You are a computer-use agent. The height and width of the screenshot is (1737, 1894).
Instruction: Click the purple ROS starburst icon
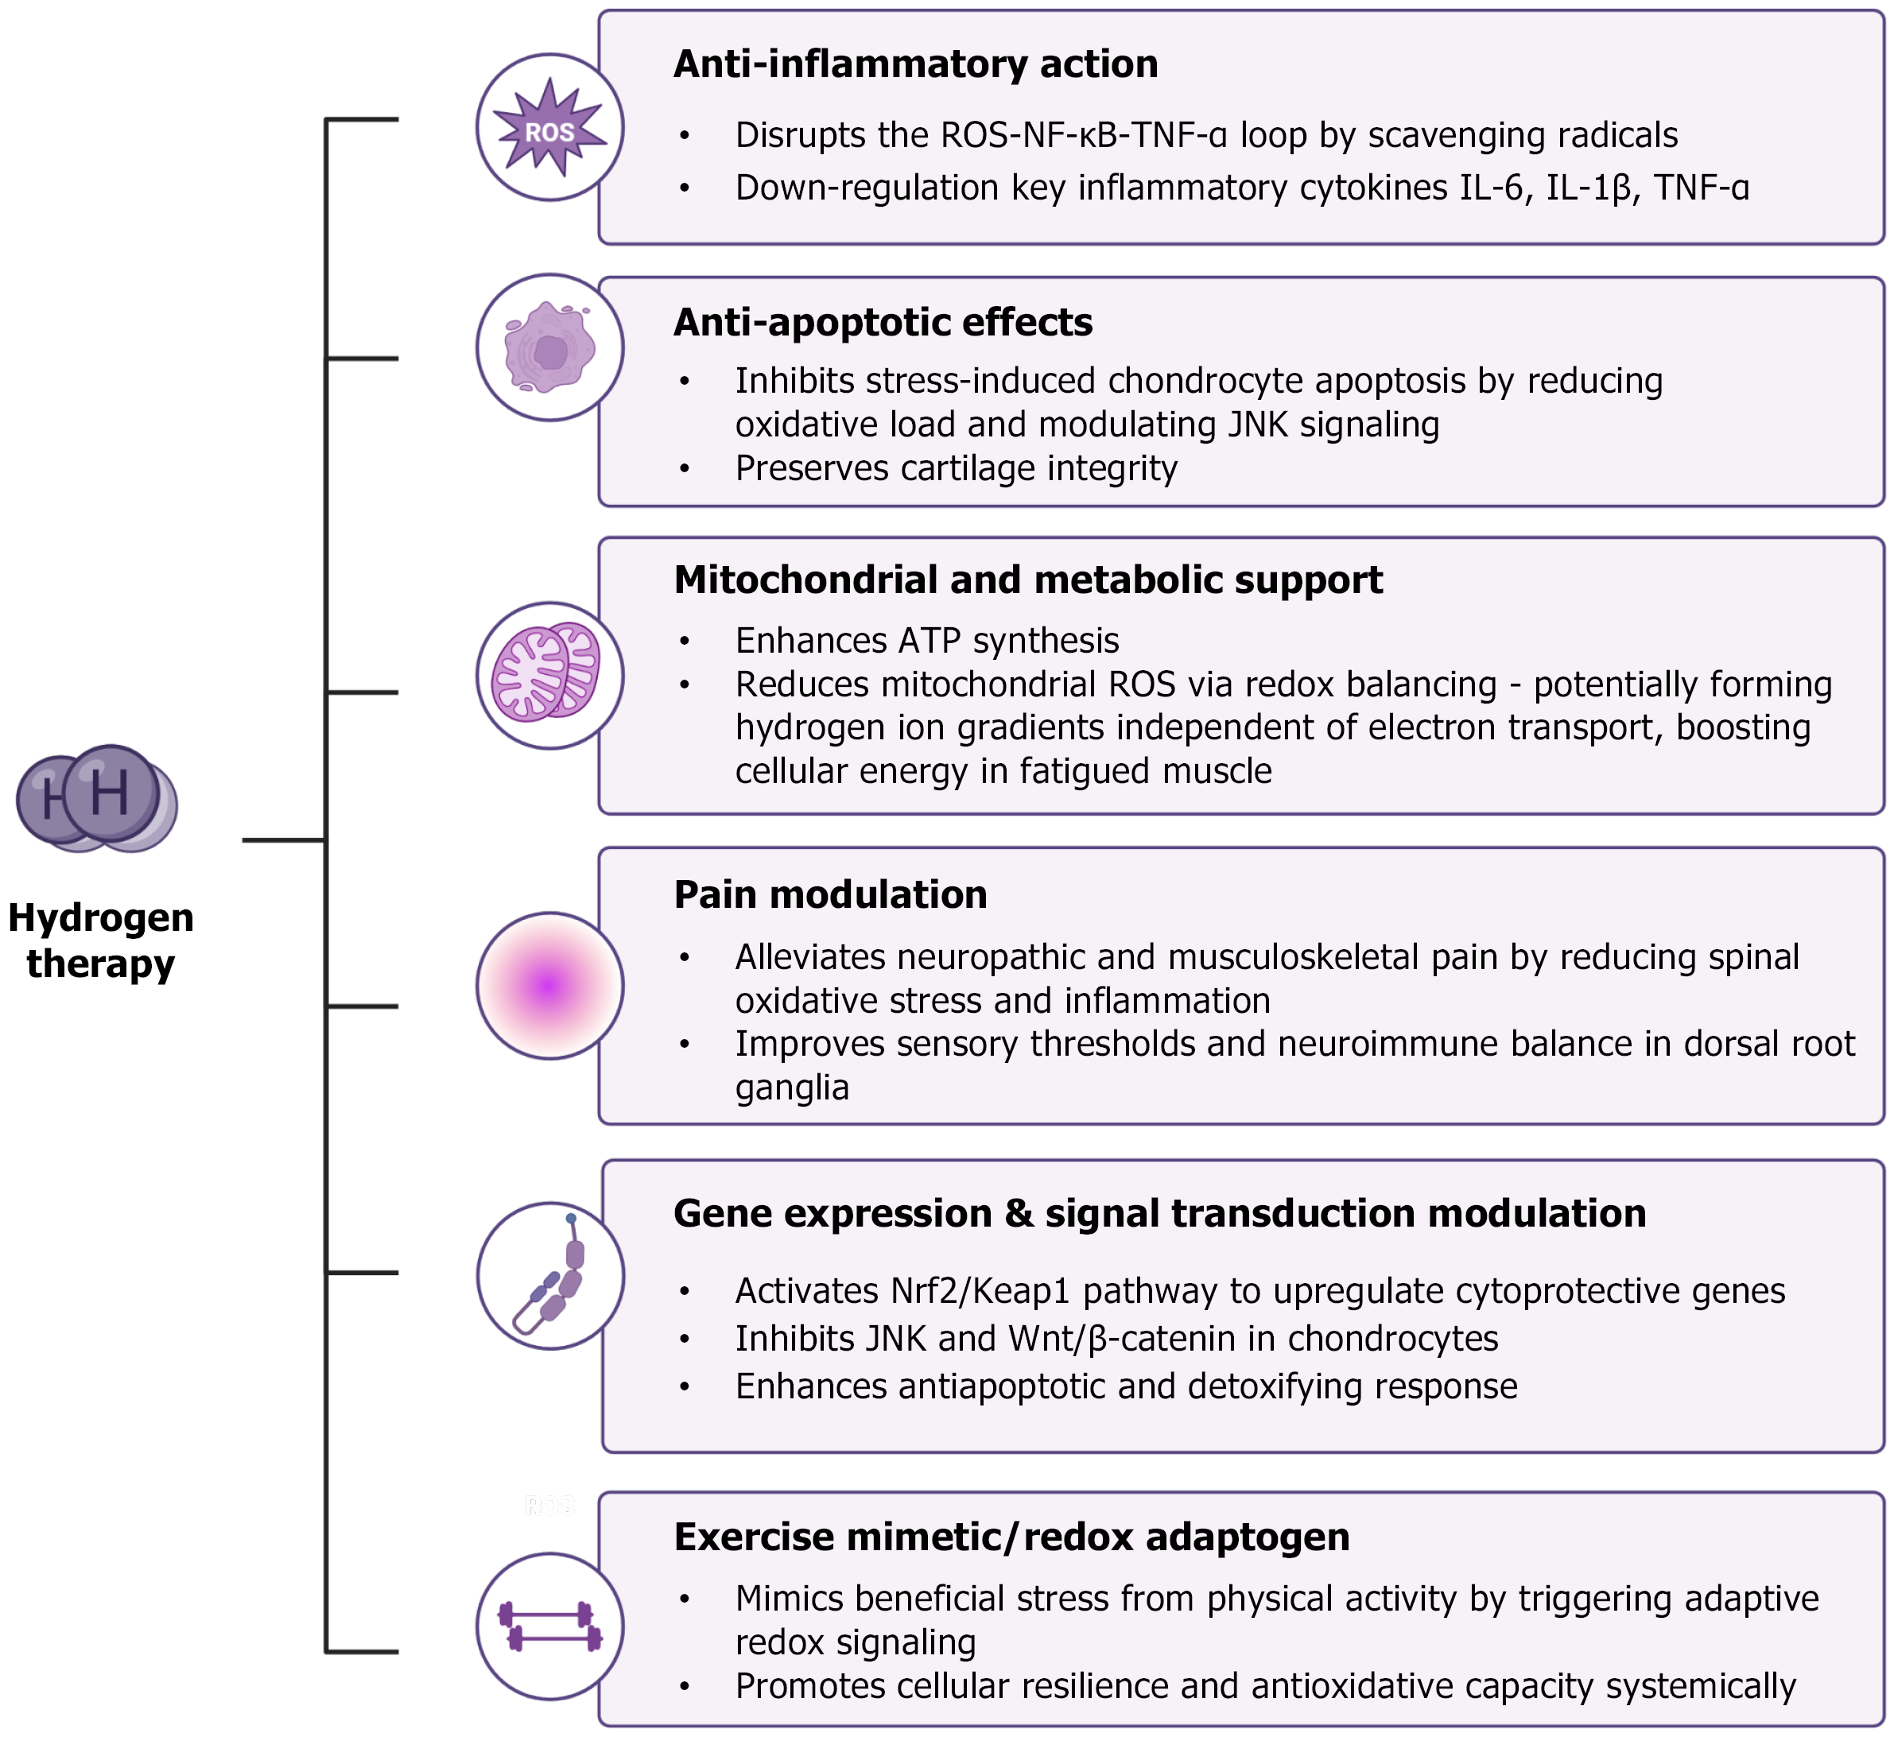point(550,128)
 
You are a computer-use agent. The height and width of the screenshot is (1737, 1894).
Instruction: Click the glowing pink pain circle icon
point(550,986)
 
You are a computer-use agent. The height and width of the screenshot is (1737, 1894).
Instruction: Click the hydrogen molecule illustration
point(98,798)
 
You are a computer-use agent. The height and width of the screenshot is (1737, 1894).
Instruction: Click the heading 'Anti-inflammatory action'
point(915,64)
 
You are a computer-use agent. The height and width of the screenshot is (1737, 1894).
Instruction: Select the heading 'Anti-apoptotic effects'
point(883,323)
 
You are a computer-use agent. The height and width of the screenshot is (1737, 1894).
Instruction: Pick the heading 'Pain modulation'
point(830,895)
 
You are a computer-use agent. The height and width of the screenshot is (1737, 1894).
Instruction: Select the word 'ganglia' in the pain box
point(791,1088)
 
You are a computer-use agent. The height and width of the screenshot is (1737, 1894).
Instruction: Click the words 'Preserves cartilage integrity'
point(955,468)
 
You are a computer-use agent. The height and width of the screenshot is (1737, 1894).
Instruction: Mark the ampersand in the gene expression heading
point(1018,1213)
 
